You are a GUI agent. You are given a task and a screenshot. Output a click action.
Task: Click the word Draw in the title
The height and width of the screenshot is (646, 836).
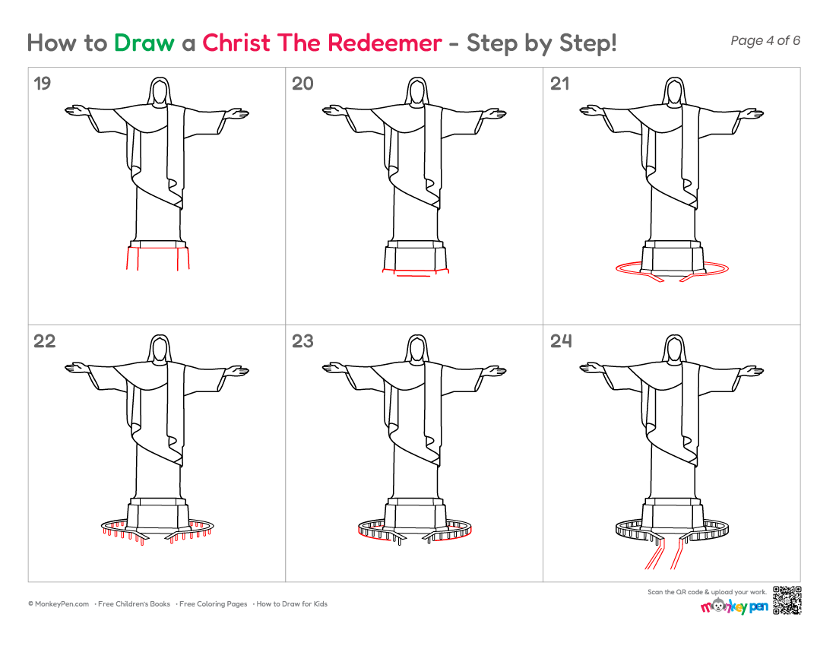[144, 43]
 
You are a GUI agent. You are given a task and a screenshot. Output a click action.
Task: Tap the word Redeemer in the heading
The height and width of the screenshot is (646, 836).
[385, 43]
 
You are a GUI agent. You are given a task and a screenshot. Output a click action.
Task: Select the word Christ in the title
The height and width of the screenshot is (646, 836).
[236, 43]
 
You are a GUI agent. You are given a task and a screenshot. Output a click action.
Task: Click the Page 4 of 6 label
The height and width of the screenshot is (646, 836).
[765, 40]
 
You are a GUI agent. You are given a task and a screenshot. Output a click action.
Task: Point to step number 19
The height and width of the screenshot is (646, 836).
[42, 84]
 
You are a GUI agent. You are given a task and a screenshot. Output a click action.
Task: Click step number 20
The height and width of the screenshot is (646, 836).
[302, 84]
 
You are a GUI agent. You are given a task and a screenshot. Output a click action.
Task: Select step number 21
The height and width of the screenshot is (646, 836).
[560, 84]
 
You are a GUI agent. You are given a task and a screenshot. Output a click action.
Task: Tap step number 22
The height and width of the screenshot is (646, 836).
[44, 341]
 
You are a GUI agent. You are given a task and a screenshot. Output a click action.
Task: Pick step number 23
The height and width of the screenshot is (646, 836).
[302, 341]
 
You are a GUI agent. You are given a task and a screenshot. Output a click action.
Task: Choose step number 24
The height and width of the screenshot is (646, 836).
[561, 341]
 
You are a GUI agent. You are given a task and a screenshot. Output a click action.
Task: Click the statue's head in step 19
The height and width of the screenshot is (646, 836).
[159, 91]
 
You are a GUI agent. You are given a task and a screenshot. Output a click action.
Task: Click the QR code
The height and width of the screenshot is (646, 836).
[787, 600]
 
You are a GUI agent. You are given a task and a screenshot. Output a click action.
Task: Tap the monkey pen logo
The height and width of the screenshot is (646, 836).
[734, 606]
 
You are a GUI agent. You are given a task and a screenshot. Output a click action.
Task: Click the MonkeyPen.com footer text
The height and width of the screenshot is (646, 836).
[59, 604]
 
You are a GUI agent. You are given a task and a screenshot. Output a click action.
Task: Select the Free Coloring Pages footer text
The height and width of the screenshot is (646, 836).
[214, 604]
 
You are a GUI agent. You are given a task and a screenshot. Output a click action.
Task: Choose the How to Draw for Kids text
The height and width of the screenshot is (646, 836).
[292, 604]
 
